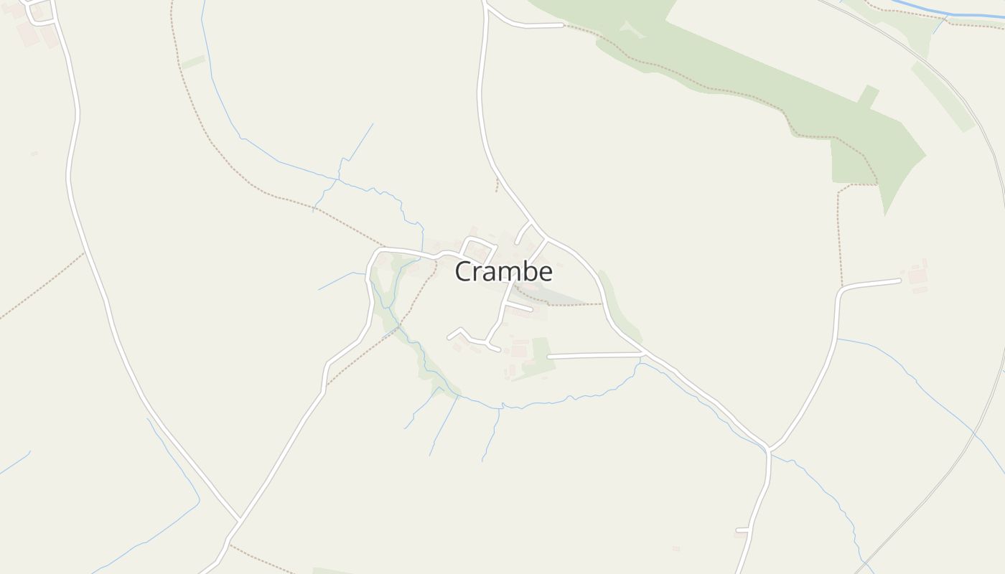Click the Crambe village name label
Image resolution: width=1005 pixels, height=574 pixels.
504,272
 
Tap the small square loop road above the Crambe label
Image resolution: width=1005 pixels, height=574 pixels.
478,248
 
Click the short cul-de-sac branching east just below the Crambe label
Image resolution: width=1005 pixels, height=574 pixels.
518,307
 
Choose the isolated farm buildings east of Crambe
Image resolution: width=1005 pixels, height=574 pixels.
917,276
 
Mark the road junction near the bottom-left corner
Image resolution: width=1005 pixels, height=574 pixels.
238,519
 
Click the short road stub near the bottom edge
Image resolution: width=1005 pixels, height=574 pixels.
742,530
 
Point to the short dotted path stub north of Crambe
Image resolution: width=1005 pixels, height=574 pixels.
496,185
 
